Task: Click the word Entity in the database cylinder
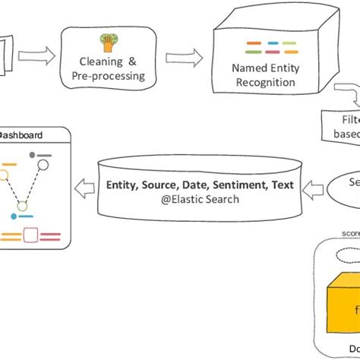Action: [x=124, y=184]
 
